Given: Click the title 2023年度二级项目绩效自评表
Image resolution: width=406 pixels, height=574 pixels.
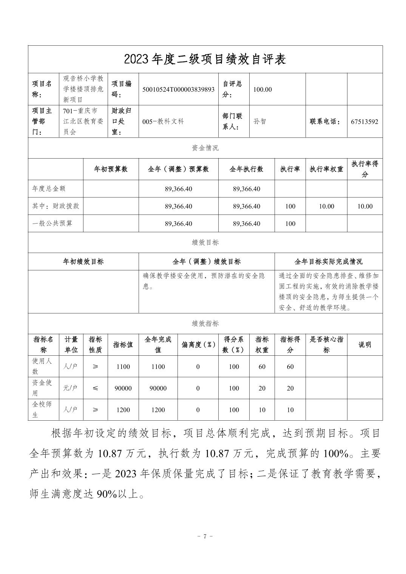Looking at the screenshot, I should tap(205, 59).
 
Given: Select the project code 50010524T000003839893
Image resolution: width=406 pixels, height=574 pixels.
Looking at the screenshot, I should tap(179, 89).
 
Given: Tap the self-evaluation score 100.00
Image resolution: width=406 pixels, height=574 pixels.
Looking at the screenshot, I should tap(262, 89).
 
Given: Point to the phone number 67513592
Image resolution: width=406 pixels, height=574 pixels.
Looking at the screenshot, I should tap(364, 122).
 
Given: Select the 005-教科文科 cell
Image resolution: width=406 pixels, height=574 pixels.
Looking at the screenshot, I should tap(163, 122).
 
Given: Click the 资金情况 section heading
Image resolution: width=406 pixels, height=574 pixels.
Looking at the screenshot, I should tap(205, 148).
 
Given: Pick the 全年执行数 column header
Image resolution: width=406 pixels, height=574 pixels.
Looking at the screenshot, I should tap(246, 169).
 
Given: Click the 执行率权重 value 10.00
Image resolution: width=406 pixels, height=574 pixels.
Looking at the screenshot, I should tap(326, 206).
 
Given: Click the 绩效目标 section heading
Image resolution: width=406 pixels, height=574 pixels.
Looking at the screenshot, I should tap(205, 242).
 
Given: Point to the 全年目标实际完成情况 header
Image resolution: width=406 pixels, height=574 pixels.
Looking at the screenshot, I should tap(328, 262).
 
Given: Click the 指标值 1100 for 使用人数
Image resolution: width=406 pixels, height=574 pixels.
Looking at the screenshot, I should tap(123, 366).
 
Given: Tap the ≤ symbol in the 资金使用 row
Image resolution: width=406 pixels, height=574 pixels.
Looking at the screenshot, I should tap(95, 388).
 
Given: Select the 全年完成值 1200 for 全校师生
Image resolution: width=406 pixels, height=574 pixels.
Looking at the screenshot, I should tap(158, 410).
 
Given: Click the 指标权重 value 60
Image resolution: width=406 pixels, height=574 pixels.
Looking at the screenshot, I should tap(262, 366).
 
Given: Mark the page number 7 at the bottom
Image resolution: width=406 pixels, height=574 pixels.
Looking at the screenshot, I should tap(205, 536).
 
